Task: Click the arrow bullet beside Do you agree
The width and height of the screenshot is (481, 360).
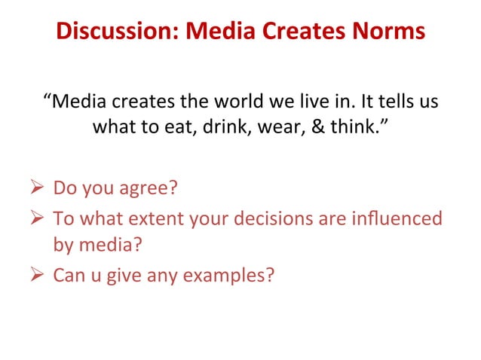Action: coord(38,186)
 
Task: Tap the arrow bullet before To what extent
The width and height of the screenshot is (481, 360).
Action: coord(38,219)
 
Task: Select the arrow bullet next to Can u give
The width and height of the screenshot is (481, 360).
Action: coord(38,276)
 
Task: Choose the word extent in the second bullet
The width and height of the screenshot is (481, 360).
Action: coord(159,219)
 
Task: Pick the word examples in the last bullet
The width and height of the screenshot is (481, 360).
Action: coord(231,276)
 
